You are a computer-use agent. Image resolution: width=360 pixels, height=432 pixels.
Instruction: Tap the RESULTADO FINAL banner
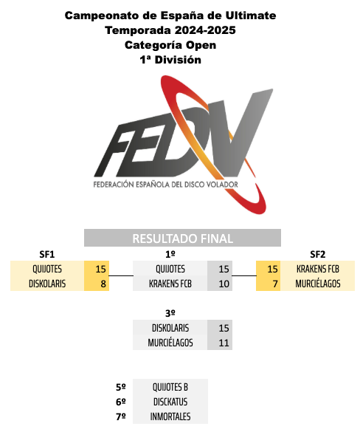click(182, 238)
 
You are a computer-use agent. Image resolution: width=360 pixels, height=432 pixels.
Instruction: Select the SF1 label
click(47, 254)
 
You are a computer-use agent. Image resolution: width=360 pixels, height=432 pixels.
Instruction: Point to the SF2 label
click(318, 254)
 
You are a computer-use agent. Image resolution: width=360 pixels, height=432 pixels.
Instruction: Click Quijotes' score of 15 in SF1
click(100, 269)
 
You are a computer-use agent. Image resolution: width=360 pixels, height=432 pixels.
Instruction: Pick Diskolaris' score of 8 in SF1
click(103, 284)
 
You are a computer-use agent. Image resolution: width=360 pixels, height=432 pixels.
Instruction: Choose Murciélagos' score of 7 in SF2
click(275, 284)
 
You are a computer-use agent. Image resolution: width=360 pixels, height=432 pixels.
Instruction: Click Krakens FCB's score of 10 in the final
click(224, 284)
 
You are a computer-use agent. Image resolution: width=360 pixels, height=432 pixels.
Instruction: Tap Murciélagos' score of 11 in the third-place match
click(224, 343)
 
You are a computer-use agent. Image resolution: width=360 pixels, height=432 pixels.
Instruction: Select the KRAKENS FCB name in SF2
click(318, 269)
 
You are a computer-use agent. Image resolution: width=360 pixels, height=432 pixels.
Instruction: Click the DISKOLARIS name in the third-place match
click(170, 328)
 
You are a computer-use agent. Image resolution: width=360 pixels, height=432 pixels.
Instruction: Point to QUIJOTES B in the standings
click(170, 387)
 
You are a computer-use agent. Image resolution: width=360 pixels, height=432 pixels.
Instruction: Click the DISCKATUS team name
click(170, 402)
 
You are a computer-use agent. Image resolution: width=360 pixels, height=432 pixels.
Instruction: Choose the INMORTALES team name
click(170, 416)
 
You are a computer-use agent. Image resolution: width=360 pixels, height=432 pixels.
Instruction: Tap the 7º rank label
click(121, 416)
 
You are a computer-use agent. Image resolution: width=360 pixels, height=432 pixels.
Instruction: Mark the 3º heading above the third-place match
click(170, 313)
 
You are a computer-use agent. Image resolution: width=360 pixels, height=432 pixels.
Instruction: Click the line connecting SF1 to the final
click(121, 275)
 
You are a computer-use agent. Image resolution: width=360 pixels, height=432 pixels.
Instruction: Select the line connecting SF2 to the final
click(244, 275)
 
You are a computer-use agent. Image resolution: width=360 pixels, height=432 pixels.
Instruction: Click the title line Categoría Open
click(170, 45)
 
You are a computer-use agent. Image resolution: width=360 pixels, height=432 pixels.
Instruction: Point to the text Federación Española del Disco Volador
click(166, 185)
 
